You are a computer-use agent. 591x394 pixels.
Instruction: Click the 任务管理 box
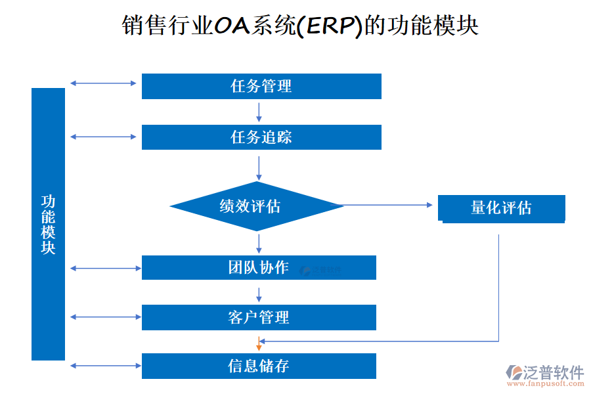click(x=261, y=86)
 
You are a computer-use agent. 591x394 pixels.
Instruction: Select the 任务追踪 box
click(x=261, y=137)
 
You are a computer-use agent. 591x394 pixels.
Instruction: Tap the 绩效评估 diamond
click(x=257, y=206)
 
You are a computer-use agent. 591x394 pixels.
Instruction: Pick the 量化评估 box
click(x=502, y=208)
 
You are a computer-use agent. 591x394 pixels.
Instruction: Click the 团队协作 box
click(x=259, y=267)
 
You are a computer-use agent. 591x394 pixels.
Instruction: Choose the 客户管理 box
click(x=259, y=317)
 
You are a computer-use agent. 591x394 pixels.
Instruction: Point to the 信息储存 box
click(x=259, y=366)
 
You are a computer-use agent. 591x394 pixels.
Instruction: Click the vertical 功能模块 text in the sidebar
click(x=49, y=224)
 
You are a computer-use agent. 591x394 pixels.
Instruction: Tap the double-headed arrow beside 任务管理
click(x=103, y=83)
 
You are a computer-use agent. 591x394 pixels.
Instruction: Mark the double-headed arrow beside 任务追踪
click(x=103, y=137)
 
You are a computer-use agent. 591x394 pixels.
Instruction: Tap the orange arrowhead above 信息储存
click(x=259, y=345)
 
